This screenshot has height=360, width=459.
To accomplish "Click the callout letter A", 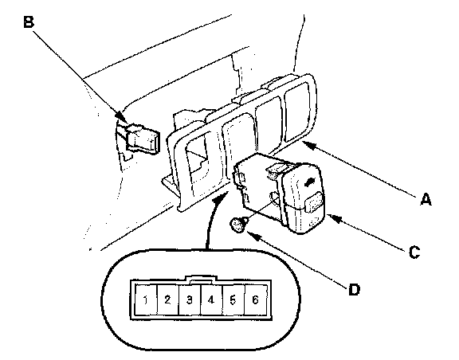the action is click(426, 200).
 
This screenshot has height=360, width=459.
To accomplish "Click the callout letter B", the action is click(29, 22).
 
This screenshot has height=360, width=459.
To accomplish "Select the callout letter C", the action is click(414, 252).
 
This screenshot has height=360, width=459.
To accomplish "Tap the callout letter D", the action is click(354, 290).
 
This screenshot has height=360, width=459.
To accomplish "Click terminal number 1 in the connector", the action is click(146, 299).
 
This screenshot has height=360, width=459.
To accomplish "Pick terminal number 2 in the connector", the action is click(167, 299).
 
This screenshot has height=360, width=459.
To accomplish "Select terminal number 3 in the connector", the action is click(190, 299).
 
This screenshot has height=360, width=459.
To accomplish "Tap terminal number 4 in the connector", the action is click(210, 299).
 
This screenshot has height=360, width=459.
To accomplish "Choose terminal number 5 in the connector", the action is click(233, 299).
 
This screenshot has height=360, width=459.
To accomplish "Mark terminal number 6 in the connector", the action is click(255, 299).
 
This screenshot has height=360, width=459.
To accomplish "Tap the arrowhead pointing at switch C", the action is click(333, 217).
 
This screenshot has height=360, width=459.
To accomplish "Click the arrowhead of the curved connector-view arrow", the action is click(220, 198).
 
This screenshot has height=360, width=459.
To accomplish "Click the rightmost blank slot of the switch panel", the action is click(296, 112).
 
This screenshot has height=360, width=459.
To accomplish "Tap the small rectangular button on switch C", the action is click(315, 202).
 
